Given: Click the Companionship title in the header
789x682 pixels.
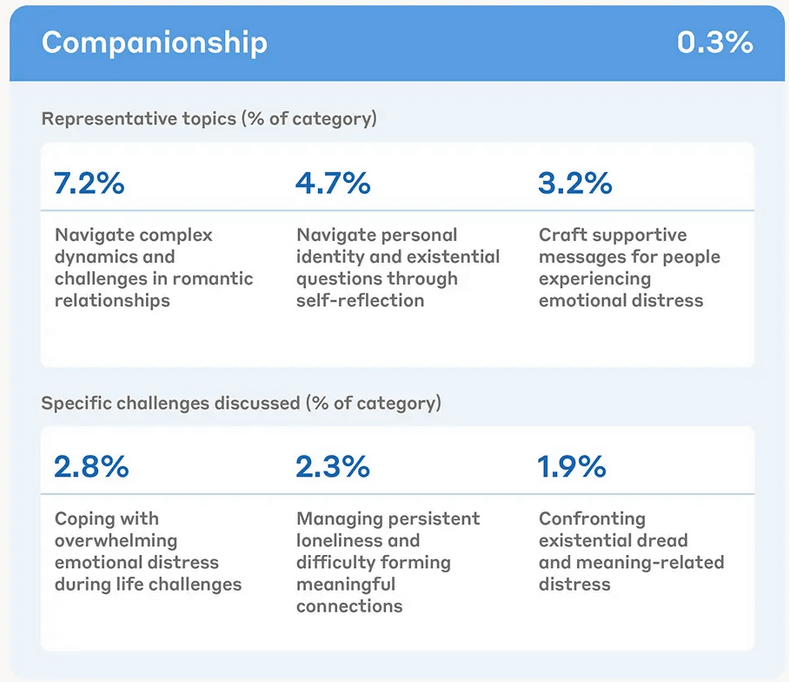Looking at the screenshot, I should pos(154,43).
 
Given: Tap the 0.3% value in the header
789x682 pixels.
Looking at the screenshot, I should pos(714,43).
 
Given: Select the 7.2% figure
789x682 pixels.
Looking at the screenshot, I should pos(89,184).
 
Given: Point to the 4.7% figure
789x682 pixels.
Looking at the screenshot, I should pos(333,184).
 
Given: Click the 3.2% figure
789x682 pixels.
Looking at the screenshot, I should pos(575,184).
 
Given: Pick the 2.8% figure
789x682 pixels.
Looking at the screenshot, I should pos(91,467).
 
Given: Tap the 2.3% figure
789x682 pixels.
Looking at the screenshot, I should pos(333,467).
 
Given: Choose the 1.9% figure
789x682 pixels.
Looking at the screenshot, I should pos(572,467).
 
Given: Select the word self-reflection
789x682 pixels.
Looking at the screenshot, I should pos(360,301).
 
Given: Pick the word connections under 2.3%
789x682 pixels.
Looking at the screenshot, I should pos(349,606).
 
